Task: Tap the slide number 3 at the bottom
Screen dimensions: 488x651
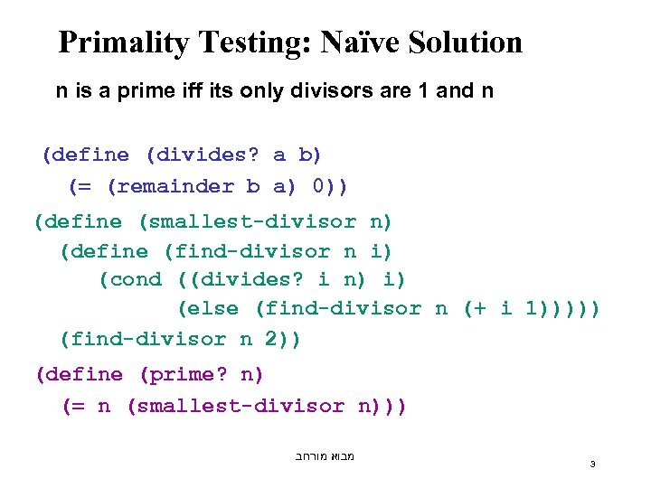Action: [592, 464]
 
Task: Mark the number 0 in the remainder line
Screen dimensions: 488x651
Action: [319, 186]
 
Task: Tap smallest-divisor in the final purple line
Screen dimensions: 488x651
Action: [242, 406]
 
